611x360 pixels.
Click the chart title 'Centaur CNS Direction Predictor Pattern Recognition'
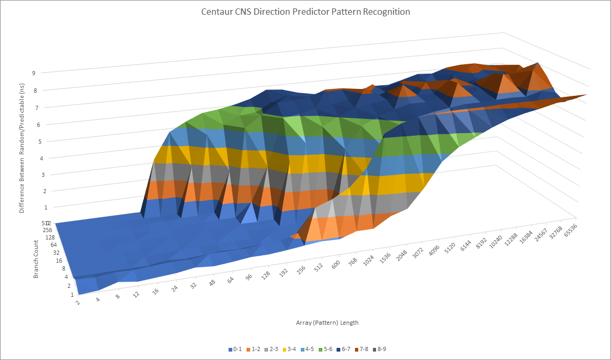tap(305, 12)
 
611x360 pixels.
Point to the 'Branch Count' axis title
tap(36, 259)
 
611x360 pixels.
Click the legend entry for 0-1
tap(235, 349)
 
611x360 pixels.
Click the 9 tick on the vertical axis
tap(33, 73)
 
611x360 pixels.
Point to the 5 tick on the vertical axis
tap(33, 142)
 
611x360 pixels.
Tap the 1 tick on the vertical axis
tap(33, 207)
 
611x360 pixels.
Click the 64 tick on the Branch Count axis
tap(54, 245)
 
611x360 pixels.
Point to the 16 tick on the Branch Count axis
tap(60, 260)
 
